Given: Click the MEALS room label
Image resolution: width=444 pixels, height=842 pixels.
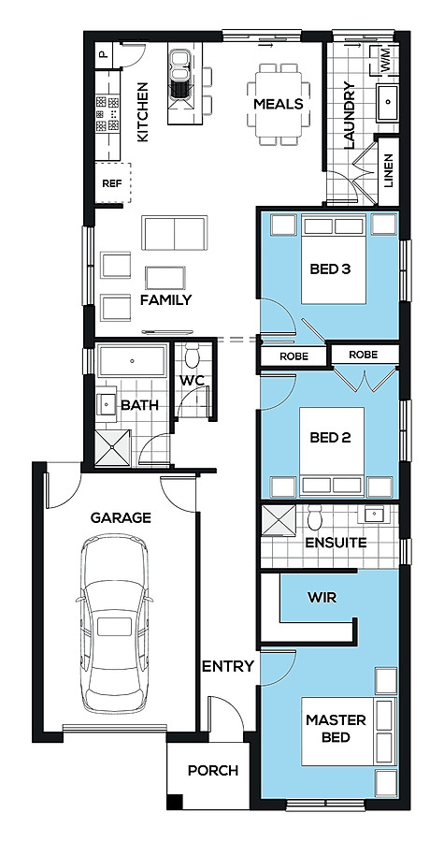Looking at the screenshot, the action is [279, 104].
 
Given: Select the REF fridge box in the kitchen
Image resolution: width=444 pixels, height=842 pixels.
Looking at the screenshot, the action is [112, 183].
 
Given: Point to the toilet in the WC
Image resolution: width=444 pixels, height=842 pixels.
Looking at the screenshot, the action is [192, 356].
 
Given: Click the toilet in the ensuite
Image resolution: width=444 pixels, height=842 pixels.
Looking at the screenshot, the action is [315, 518].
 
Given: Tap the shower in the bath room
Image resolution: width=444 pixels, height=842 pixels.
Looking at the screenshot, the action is [112, 447].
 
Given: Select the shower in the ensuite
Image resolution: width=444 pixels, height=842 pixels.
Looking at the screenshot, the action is [279, 520].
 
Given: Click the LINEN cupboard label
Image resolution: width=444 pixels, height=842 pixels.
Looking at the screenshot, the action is [389, 170].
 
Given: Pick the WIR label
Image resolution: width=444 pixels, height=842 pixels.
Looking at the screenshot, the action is [322, 597].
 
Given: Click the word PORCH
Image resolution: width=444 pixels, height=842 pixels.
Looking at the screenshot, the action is [213, 771].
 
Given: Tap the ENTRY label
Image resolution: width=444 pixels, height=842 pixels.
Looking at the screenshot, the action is [227, 666].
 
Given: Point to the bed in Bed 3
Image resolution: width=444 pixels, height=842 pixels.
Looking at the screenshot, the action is [334, 259].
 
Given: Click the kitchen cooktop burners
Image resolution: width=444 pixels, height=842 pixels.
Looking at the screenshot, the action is [107, 113].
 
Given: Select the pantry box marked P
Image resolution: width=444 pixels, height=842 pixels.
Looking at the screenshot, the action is [104, 55].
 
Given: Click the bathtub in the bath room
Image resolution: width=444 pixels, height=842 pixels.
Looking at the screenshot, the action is [132, 361].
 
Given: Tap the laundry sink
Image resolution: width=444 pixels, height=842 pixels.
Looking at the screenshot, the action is [387, 102].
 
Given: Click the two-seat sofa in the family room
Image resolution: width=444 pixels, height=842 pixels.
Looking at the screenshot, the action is [174, 233].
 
